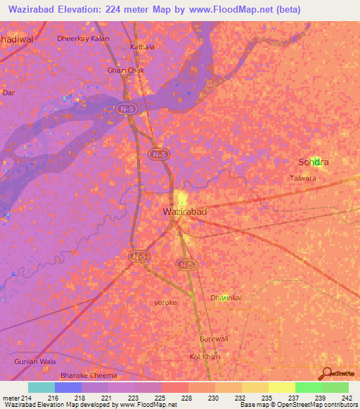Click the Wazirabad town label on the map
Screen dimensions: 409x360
[184, 211]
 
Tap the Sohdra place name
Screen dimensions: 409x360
[314, 162]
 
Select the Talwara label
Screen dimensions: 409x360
[303, 178]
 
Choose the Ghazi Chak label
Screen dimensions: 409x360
[125, 70]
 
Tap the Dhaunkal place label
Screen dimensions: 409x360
[226, 298]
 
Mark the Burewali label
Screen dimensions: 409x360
[214, 339]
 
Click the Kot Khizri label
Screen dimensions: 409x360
[205, 357]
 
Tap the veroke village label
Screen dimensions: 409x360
[166, 303]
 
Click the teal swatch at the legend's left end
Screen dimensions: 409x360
[41, 387]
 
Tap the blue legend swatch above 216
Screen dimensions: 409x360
[67, 387]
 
